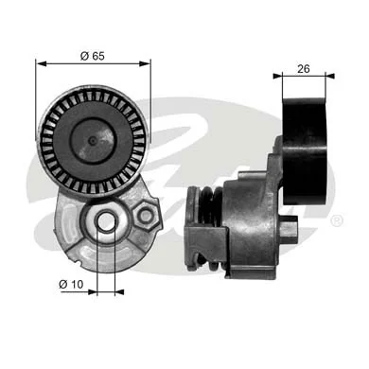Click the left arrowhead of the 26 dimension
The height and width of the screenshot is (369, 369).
[x=275, y=77]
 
